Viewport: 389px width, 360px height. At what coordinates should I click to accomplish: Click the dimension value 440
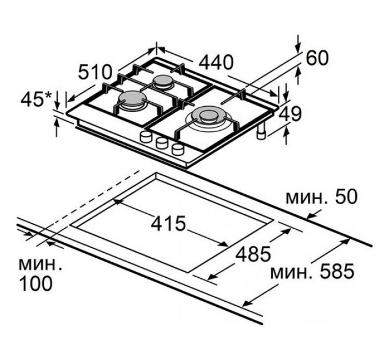(x=216, y=62)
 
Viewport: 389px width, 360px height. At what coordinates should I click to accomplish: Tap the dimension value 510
(x=94, y=72)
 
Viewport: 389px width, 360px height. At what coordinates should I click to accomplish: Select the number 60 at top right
(x=317, y=58)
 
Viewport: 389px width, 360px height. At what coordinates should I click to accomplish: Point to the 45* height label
(x=36, y=99)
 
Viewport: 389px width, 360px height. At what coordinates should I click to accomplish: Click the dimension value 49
(x=290, y=114)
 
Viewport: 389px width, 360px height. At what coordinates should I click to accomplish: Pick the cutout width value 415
(x=168, y=223)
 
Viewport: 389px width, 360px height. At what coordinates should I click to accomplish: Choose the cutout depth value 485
(x=253, y=254)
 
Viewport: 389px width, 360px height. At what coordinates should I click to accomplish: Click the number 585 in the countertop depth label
(x=336, y=271)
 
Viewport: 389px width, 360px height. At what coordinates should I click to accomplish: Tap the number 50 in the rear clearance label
(x=346, y=197)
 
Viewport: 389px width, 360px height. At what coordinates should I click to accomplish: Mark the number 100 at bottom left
(x=35, y=283)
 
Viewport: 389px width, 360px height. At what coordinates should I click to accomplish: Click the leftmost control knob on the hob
(x=146, y=136)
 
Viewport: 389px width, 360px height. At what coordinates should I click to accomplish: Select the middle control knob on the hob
(x=161, y=142)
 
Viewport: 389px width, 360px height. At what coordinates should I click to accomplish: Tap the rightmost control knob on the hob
(x=178, y=149)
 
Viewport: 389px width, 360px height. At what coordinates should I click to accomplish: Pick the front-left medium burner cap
(x=132, y=99)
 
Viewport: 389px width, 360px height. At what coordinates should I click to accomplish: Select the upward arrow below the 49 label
(x=287, y=135)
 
